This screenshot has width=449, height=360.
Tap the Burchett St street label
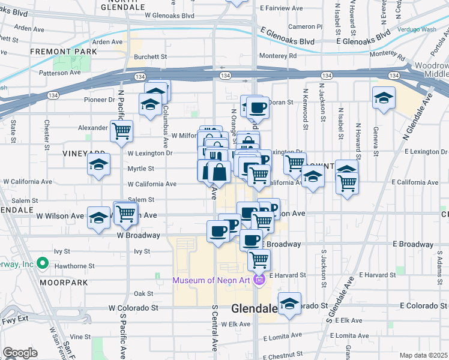click(x=150, y=57)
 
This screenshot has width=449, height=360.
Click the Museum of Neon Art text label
click(x=213, y=280)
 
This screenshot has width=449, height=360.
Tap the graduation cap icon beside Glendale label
click(x=289, y=304)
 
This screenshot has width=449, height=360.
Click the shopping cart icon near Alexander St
click(x=122, y=130)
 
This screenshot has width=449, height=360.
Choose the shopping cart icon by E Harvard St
click(x=259, y=260)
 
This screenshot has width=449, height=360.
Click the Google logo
click(x=20, y=352)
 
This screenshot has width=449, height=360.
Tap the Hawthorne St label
click(x=74, y=265)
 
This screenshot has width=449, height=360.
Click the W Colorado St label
click(x=133, y=308)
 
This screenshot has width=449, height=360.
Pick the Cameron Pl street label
click(x=306, y=26)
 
